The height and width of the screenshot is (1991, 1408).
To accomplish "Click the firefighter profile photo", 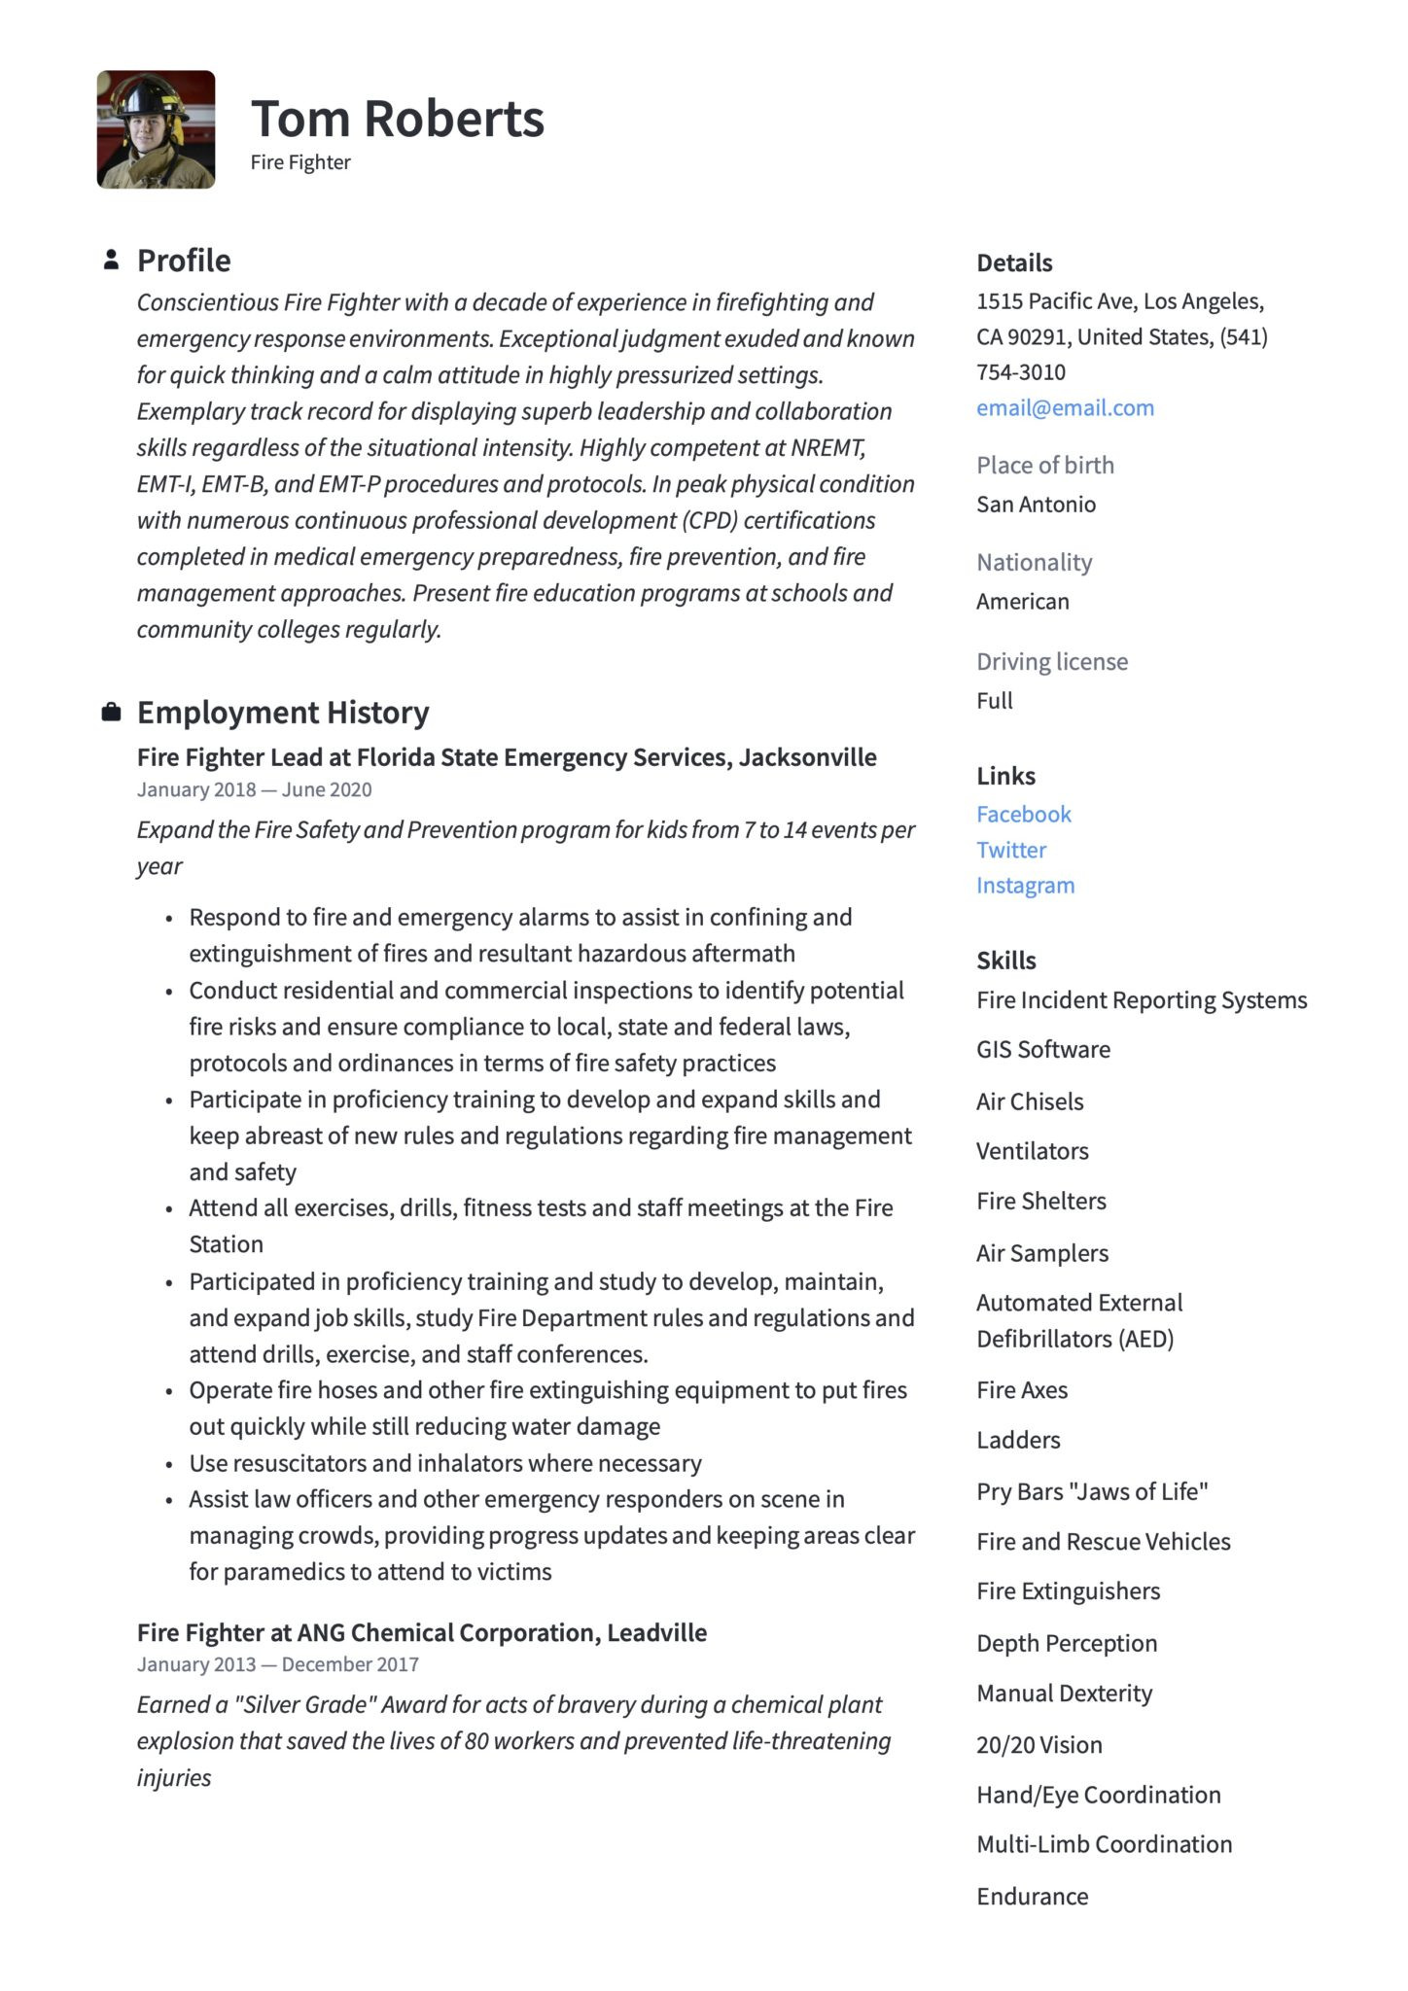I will pos(156,129).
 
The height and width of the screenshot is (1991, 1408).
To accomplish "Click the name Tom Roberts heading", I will pos(397,119).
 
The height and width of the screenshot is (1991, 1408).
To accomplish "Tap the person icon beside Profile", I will pos(112,260).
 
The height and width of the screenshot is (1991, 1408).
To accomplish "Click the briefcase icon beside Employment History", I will pos(112,713).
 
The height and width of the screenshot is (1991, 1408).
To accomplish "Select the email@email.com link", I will pos(1065,408).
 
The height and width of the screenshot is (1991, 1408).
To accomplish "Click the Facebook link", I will pos(1023,815).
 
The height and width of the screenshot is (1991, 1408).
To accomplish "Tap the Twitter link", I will pos(1011,850).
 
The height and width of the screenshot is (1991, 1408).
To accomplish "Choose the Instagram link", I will pos(1025,886).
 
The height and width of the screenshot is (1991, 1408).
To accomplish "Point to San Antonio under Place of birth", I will pos(1036,505).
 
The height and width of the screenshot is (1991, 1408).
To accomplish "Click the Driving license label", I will pos(1052,662).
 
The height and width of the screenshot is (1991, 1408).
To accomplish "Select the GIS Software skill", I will pos(1042,1050).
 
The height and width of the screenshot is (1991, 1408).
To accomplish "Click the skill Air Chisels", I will pos(1030,1101).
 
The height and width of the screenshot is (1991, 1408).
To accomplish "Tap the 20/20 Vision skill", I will pos(1038,1745).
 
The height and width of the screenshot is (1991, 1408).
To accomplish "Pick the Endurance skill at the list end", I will pos(1032,1897).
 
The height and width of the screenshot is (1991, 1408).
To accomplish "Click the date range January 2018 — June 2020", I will pos(254,789).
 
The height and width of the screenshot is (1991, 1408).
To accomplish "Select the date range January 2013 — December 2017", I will pos(277,1664).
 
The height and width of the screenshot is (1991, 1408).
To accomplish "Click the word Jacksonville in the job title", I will pos(807,757).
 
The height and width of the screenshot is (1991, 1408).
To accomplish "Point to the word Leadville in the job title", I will pos(656,1632).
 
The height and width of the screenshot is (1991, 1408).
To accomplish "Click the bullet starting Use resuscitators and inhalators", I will pos(444,1463).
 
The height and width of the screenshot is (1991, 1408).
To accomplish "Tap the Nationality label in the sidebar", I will pos(1034,563).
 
